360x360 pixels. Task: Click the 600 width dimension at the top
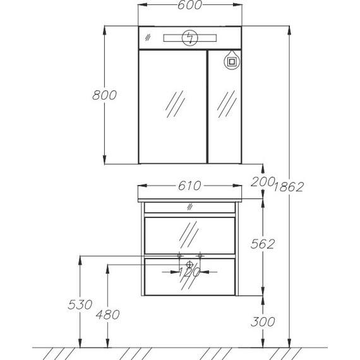pyautogui.click(x=189, y=5)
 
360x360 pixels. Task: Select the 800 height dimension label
pyautogui.click(x=104, y=95)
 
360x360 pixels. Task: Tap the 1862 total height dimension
pyautogui.click(x=289, y=187)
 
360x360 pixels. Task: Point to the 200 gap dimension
pyautogui.click(x=263, y=182)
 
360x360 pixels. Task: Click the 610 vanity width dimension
pyautogui.click(x=189, y=186)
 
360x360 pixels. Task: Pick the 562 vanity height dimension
pyautogui.click(x=263, y=244)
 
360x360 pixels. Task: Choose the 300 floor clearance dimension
pyautogui.click(x=263, y=321)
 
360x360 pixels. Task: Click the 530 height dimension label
pyautogui.click(x=80, y=305)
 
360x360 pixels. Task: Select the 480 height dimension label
pyautogui.click(x=107, y=315)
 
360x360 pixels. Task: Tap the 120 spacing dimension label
pyautogui.click(x=189, y=272)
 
